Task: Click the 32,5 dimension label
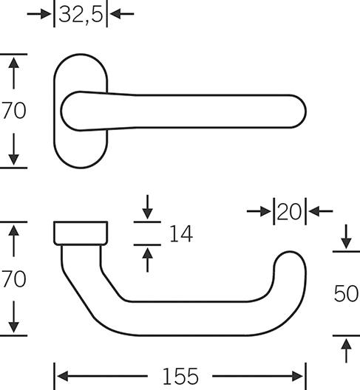click(81, 15)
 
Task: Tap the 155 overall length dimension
click(180, 376)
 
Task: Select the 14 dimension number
click(181, 233)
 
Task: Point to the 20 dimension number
click(290, 211)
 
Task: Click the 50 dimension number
click(346, 294)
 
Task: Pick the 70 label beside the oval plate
click(14, 111)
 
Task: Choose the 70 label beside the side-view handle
click(14, 278)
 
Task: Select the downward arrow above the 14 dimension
click(147, 207)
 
